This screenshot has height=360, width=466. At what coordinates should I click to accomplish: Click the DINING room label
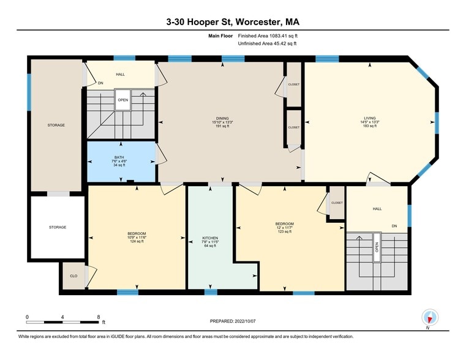(x=222, y=118)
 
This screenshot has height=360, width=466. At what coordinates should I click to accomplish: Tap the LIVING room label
(x=370, y=118)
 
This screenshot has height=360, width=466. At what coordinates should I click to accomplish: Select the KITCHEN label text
(x=210, y=238)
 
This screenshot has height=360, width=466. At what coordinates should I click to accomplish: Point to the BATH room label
(x=119, y=157)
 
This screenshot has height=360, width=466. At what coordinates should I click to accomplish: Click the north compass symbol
(x=429, y=318)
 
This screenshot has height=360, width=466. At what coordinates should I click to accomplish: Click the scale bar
(x=62, y=322)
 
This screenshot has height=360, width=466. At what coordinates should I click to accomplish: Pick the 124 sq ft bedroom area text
(x=137, y=241)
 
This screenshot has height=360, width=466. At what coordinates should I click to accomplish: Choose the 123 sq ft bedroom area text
(x=284, y=231)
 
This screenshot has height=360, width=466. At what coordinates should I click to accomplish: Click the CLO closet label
(x=73, y=276)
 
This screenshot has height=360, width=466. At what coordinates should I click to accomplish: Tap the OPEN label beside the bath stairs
(x=122, y=100)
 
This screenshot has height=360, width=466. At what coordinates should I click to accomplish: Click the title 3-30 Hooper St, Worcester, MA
(x=233, y=22)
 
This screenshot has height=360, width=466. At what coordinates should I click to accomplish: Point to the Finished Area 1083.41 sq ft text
(x=268, y=36)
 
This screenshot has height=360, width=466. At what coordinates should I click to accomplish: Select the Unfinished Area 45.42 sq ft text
(x=267, y=43)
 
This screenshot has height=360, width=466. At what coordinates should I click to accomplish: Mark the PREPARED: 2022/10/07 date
(x=233, y=321)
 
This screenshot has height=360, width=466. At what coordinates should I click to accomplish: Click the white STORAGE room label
(x=58, y=227)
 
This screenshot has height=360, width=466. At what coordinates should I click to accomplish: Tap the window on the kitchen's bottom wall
(x=211, y=291)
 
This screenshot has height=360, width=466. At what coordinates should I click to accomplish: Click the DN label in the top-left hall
(x=100, y=83)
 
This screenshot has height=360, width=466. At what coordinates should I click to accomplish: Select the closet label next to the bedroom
(x=337, y=203)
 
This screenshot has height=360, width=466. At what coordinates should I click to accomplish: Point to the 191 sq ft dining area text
(x=222, y=126)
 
